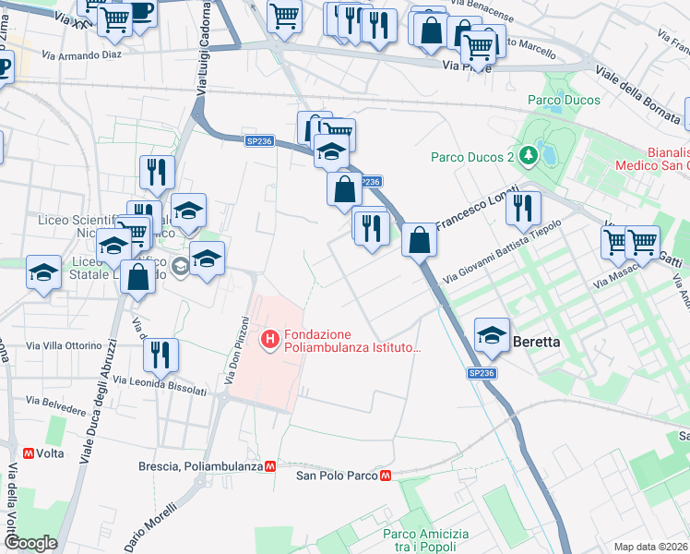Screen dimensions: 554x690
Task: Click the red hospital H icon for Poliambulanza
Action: (270, 341)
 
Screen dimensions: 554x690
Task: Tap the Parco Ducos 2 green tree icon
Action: (529, 156)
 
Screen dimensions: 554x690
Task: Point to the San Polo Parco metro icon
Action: (387, 476)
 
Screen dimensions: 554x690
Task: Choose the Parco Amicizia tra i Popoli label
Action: (425, 541)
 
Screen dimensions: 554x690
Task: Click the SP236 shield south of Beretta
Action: (481, 373)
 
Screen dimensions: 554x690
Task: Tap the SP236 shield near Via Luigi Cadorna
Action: (259, 140)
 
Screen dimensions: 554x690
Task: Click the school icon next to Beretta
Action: (493, 334)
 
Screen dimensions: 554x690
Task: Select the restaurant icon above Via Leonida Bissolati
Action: (161, 354)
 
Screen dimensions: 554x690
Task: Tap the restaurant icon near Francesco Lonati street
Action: (523, 208)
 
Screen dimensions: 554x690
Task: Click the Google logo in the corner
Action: (30, 543)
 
